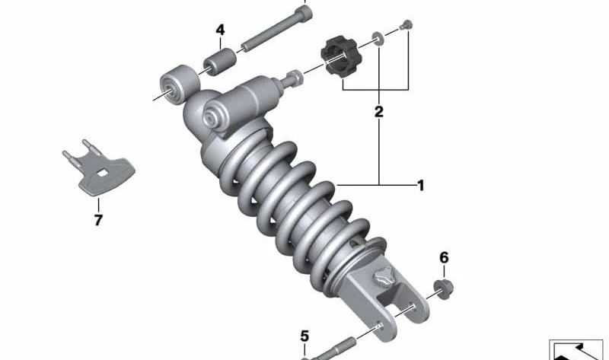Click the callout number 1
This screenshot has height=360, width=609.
[421, 186]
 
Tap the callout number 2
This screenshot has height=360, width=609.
[378, 112]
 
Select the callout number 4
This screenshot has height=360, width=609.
[220, 30]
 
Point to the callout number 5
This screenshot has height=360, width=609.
[304, 336]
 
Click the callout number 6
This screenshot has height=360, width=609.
[444, 257]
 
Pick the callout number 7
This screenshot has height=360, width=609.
[98, 220]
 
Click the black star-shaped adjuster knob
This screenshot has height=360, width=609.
[341, 56]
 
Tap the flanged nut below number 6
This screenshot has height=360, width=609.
[443, 289]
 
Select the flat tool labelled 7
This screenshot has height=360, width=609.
[99, 168]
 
